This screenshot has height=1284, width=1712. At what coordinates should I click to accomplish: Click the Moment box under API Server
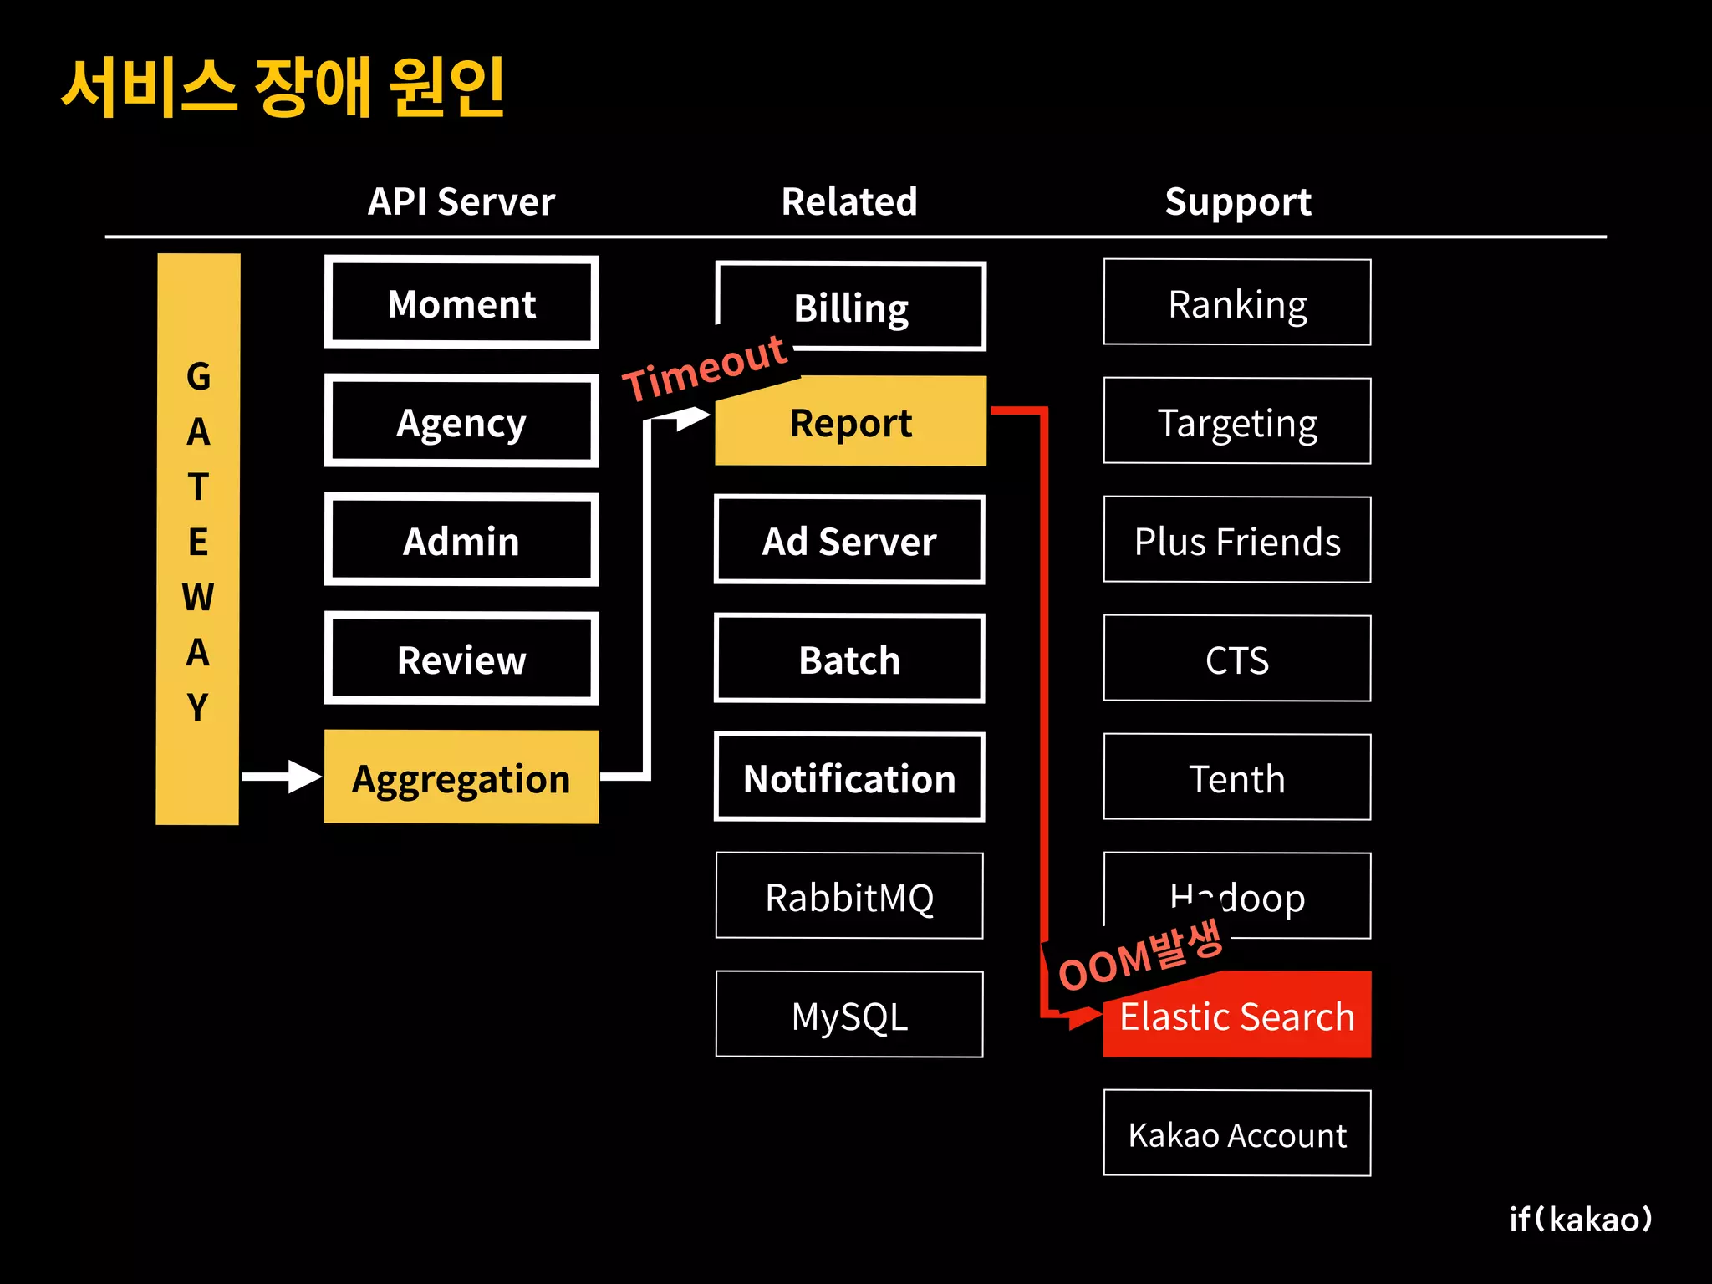[461, 303]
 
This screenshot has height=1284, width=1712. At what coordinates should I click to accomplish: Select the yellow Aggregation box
[461, 777]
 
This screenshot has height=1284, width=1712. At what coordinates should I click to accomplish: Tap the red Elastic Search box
[1237, 1016]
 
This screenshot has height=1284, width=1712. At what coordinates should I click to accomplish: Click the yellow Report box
[851, 422]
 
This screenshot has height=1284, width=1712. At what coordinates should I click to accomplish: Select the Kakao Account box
[1237, 1134]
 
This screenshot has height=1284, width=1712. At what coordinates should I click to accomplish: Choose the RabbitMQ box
[849, 896]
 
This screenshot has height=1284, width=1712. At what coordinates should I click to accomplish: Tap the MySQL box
[849, 1015]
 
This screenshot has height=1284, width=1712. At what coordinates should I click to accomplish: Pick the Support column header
[1238, 201]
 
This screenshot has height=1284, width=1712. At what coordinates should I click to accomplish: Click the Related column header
[849, 201]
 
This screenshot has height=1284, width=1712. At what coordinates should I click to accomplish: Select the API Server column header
[461, 201]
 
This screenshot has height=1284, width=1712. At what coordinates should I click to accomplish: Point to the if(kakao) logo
[1581, 1219]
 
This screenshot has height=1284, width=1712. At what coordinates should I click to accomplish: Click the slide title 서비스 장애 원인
[283, 87]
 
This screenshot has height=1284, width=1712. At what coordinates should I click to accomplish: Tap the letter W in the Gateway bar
[198, 597]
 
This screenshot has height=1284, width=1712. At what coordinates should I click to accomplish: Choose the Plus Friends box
[1237, 540]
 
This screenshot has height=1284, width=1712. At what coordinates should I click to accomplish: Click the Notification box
[849, 777]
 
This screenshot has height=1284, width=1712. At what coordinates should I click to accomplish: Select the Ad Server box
[849, 540]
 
